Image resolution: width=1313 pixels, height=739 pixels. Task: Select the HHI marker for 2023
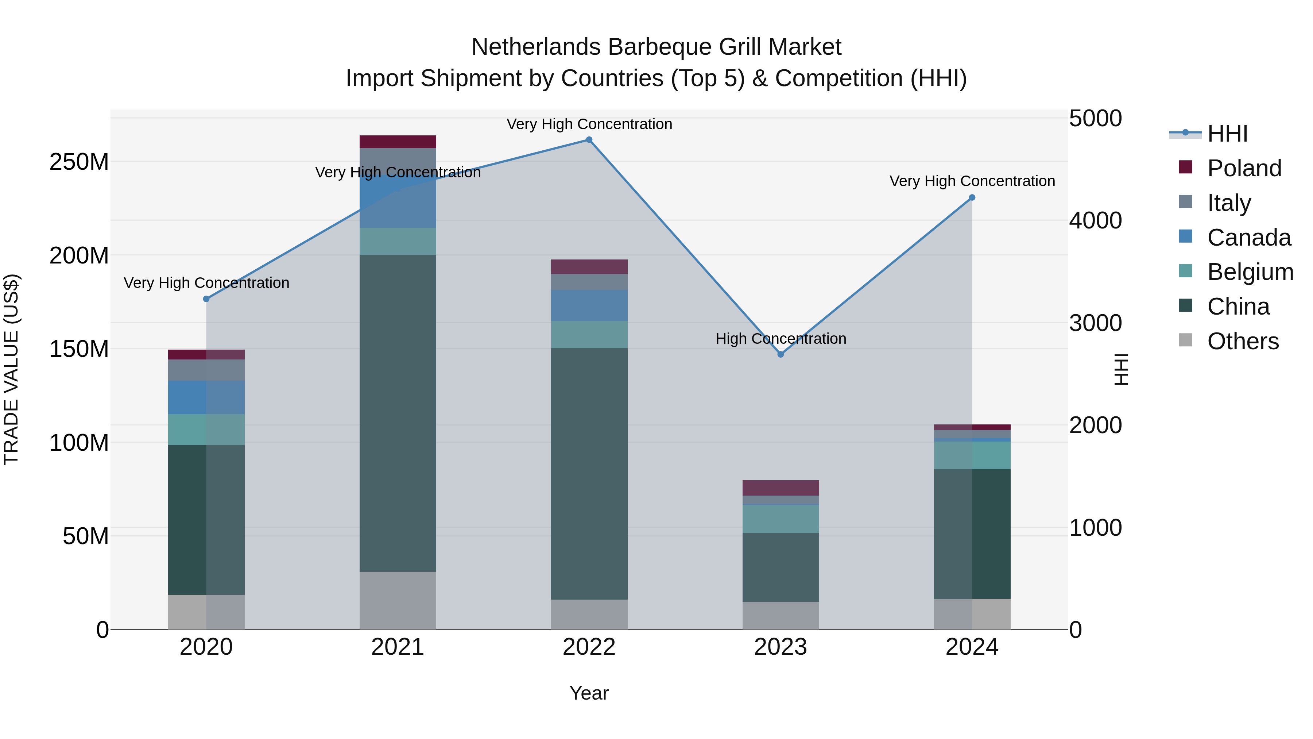781,354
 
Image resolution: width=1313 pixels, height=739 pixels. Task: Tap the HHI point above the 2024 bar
972,198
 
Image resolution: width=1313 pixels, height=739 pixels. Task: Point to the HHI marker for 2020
206,299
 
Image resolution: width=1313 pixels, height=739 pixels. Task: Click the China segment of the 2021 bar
398,413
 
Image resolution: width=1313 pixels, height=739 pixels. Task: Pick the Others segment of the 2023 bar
781,616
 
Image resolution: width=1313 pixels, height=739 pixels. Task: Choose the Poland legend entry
1244,168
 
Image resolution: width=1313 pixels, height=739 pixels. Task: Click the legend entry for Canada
1248,238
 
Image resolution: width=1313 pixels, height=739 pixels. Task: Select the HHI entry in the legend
1227,134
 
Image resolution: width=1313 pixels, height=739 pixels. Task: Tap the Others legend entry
1243,341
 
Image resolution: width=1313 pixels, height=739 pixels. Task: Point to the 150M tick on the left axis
79,349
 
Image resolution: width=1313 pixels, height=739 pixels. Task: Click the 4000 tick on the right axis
1095,221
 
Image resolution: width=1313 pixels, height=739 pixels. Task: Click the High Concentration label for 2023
781,339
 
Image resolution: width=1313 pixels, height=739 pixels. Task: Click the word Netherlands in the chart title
535,47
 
